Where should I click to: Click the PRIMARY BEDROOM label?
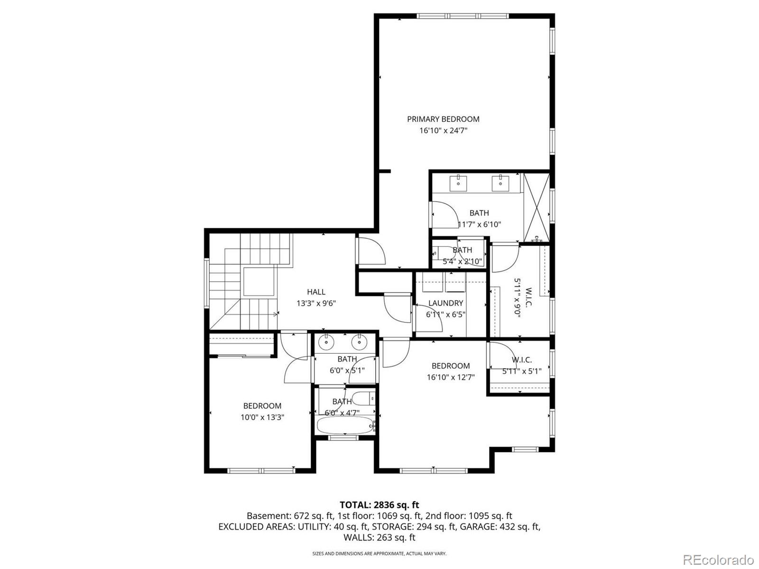click(443, 119)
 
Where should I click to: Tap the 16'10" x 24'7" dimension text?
click(443, 130)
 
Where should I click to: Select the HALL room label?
click(316, 292)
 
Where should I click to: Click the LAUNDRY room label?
click(445, 303)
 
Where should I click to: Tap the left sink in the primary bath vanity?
click(459, 181)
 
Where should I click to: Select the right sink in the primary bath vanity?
click(500, 181)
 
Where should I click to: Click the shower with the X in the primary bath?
click(537, 207)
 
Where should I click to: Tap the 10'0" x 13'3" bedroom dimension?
click(262, 417)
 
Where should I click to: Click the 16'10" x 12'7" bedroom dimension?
click(451, 377)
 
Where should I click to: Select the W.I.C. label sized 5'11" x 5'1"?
click(521, 360)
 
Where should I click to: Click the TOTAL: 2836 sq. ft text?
click(379, 505)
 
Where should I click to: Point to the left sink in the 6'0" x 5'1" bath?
click(326, 341)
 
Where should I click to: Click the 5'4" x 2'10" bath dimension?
click(462, 261)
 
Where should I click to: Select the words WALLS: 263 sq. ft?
click(379, 537)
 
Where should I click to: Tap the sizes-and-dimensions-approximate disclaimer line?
click(379, 553)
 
